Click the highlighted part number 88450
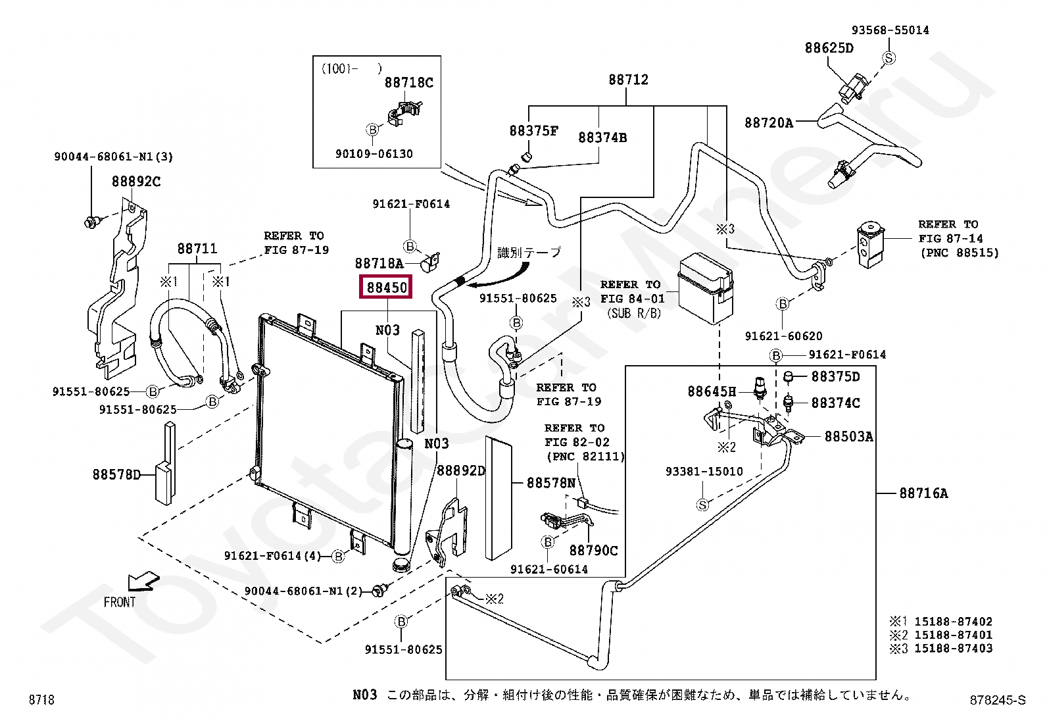386,287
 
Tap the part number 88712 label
628,80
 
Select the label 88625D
829,48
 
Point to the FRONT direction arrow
143,582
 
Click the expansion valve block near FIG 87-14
870,245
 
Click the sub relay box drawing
705,288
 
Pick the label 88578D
116,475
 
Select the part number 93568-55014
890,30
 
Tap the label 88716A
923,493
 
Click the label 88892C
136,182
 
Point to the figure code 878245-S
998,699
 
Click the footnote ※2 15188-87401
940,635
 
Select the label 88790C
594,551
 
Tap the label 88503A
848,437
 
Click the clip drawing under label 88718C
404,112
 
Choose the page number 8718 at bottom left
41,699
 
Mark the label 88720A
768,123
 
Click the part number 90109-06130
374,154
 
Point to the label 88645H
712,391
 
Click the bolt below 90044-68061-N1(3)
91,222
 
